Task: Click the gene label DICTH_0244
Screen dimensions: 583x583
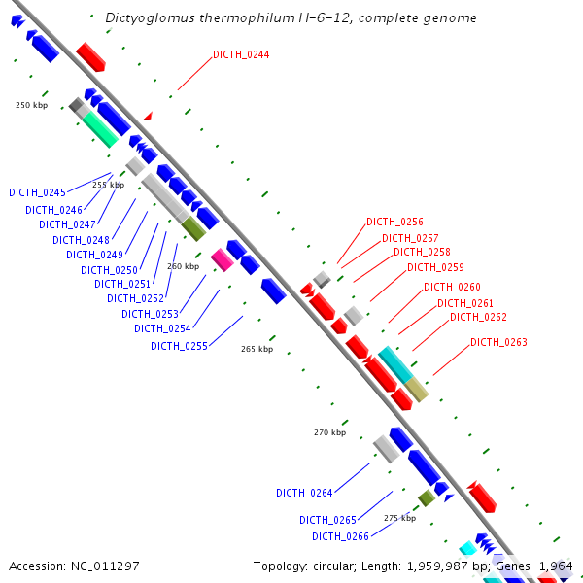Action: tap(241, 54)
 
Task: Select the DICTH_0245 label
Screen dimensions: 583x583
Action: tap(37, 192)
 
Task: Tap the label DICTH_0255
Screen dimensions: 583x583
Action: tap(179, 346)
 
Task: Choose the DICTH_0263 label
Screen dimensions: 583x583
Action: tap(498, 342)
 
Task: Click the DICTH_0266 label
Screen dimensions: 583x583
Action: tap(340, 536)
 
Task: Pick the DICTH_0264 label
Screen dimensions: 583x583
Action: tap(304, 493)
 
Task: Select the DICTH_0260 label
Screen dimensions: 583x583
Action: tap(452, 287)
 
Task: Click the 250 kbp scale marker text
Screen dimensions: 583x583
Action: tap(32, 105)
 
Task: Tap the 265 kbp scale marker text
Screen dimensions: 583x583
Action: tap(257, 349)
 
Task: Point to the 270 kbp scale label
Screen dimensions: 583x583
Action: tap(329, 432)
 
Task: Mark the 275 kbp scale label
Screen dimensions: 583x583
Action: tap(399, 518)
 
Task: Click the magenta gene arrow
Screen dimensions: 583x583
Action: tap(222, 258)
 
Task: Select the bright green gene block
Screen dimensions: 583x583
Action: tap(100, 127)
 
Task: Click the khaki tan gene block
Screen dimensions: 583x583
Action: tap(417, 389)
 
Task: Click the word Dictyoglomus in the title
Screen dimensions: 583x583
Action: tap(145, 17)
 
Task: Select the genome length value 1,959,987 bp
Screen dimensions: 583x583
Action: tap(432, 566)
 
